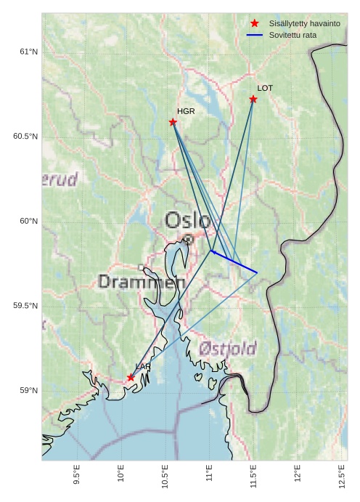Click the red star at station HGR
tap(173, 122)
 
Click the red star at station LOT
tap(253, 99)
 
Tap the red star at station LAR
tap(131, 377)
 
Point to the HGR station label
tap(186, 111)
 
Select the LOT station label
tap(265, 88)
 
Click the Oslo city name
tap(187, 220)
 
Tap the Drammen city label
tap(142, 282)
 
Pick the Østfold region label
tap(229, 349)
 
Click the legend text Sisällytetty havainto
tap(304, 23)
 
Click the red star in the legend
tap(254, 23)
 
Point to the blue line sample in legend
tap(254, 35)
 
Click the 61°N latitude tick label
tap(28, 52)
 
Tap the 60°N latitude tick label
tap(28, 221)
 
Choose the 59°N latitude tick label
tap(28, 391)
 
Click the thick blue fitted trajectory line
tap(234, 262)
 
